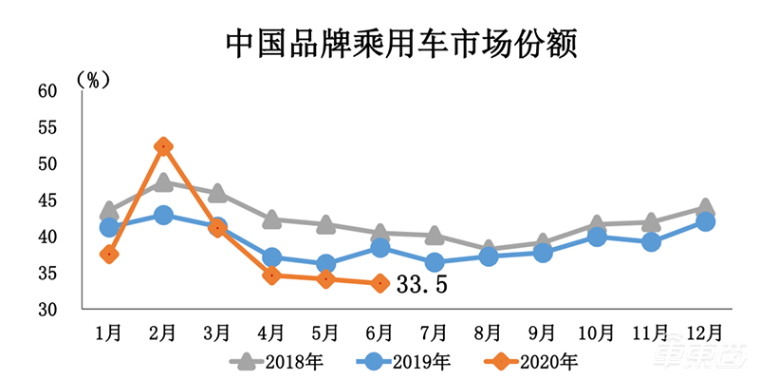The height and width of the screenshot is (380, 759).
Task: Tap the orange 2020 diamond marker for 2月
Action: [163, 146]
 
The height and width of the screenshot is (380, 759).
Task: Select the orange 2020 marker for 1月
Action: [109, 254]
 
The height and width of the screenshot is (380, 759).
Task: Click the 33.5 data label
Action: [421, 284]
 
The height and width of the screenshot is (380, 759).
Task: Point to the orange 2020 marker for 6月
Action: [379, 283]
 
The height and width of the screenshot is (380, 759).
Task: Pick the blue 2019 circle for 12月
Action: [705, 221]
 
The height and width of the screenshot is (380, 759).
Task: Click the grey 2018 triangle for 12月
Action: [705, 207]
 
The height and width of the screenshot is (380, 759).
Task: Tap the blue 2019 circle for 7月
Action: [434, 262]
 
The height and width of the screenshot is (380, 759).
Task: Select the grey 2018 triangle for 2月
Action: [163, 181]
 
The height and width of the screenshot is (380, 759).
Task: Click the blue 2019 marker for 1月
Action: [109, 227]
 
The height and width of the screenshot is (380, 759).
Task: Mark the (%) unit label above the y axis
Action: [94, 79]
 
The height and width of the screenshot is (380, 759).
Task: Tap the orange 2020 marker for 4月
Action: [271, 275]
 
